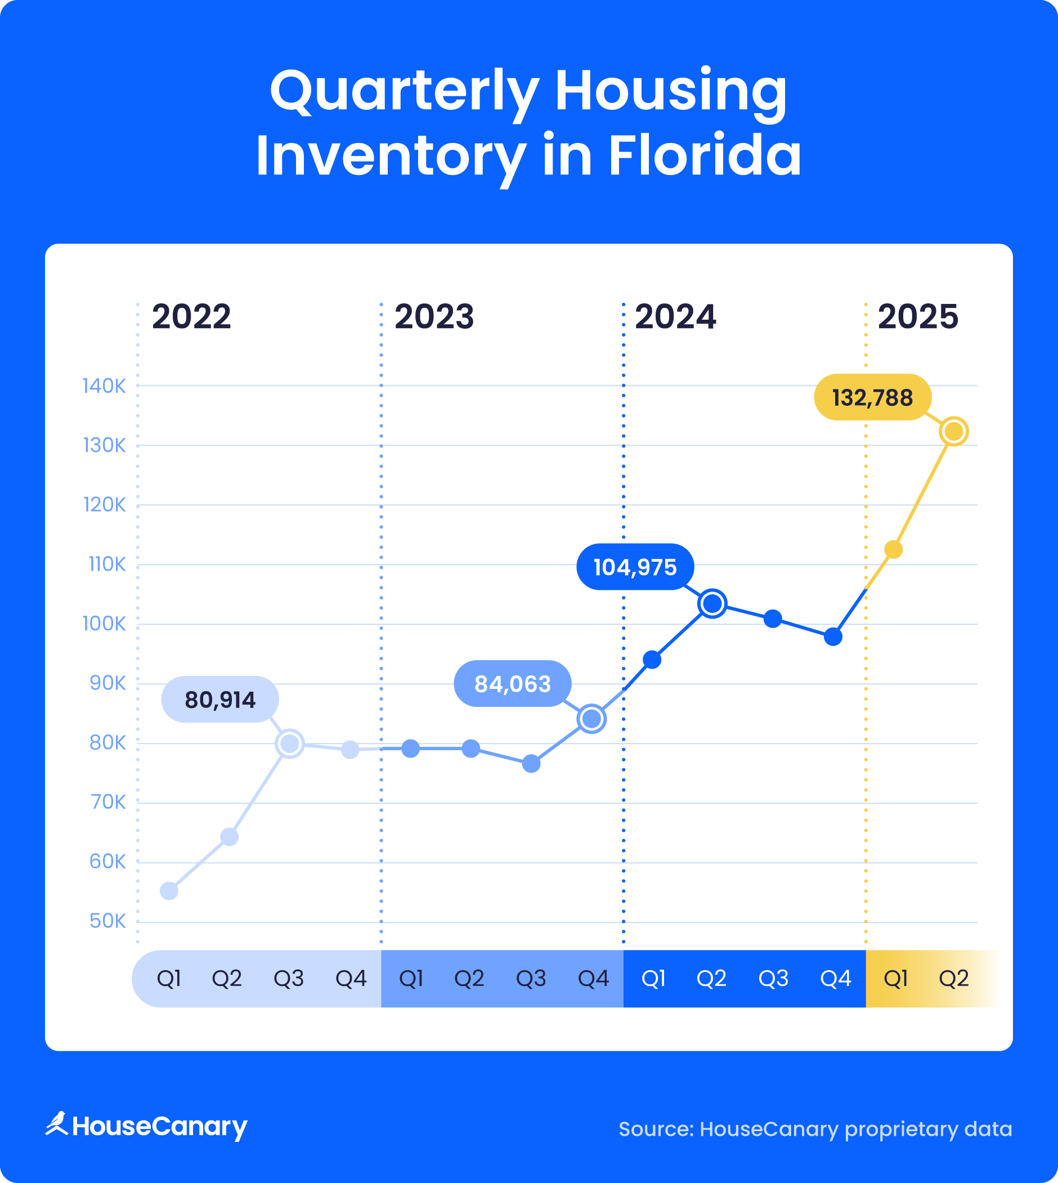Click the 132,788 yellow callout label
click(872, 398)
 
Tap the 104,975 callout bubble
click(635, 567)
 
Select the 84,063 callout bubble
click(512, 684)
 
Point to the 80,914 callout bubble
click(219, 700)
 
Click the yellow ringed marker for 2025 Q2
click(953, 431)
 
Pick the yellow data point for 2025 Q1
click(893, 549)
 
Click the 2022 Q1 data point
click(169, 890)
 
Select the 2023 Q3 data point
click(531, 763)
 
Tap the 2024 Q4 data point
click(832, 637)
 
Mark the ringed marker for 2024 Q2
click(712, 603)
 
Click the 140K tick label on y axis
click(104, 386)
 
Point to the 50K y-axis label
click(107, 921)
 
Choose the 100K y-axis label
click(104, 624)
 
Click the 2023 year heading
click(434, 317)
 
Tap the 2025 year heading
click(917, 317)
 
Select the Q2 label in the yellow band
click(953, 978)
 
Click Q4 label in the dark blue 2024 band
click(835, 978)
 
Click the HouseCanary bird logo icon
click(57, 1123)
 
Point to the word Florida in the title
click(705, 156)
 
